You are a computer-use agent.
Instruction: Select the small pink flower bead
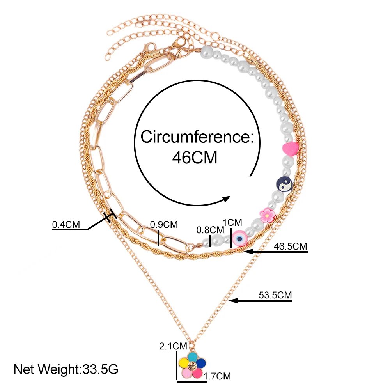point(267,214)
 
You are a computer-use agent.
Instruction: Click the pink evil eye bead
point(239,238)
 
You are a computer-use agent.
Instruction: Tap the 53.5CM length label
point(275,295)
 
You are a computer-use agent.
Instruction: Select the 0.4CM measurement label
point(67,225)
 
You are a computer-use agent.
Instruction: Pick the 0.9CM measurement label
point(164,225)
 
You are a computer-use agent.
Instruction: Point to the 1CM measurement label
point(232,222)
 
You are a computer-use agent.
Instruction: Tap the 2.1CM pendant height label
point(173,346)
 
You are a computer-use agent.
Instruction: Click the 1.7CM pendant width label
point(218,376)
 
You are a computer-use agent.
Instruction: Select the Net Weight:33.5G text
point(66,368)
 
